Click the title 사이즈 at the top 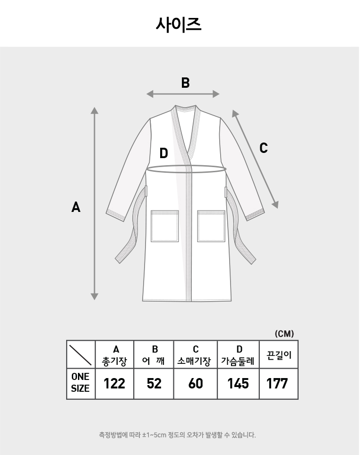pyautogui.click(x=179, y=25)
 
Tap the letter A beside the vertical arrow pyautogui.click(x=76, y=208)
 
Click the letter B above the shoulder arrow pyautogui.click(x=185, y=83)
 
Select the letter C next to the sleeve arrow pyautogui.click(x=263, y=148)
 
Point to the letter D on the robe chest pyautogui.click(x=164, y=153)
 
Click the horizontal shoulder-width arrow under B pyautogui.click(x=183, y=94)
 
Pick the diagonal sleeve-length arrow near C pyautogui.click(x=255, y=159)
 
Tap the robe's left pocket pyautogui.click(x=165, y=226)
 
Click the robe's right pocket pyautogui.click(x=211, y=226)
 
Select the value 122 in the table pyautogui.click(x=114, y=384)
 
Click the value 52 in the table pyautogui.click(x=154, y=384)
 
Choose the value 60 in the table pyautogui.click(x=196, y=384)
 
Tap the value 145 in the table pyautogui.click(x=238, y=384)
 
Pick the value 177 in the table pyautogui.click(x=277, y=384)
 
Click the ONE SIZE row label pyautogui.click(x=80, y=382)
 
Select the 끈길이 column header pyautogui.click(x=279, y=355)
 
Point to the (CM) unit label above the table pyautogui.click(x=284, y=334)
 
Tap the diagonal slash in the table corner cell pyautogui.click(x=80, y=354)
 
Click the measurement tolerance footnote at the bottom pyautogui.click(x=178, y=435)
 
